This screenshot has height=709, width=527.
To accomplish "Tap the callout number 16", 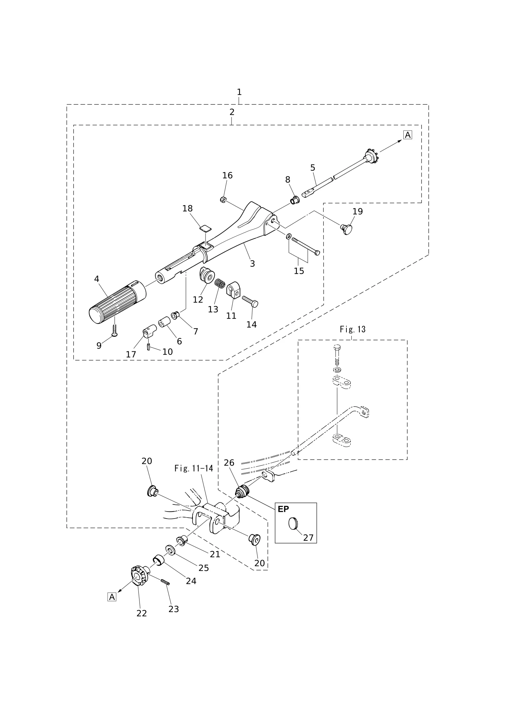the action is [227, 175].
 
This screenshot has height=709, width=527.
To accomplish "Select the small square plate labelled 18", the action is [206, 228].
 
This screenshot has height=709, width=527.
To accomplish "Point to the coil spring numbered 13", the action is [220, 283].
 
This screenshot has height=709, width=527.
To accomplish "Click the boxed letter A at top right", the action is [408, 135].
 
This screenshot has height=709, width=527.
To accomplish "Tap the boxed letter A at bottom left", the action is [111, 597].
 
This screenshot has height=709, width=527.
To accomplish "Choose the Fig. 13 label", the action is [353, 329].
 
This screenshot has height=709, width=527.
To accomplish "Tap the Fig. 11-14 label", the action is [194, 468].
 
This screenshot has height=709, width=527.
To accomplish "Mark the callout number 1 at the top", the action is [239, 92].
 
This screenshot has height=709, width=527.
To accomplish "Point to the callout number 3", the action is [252, 264].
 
